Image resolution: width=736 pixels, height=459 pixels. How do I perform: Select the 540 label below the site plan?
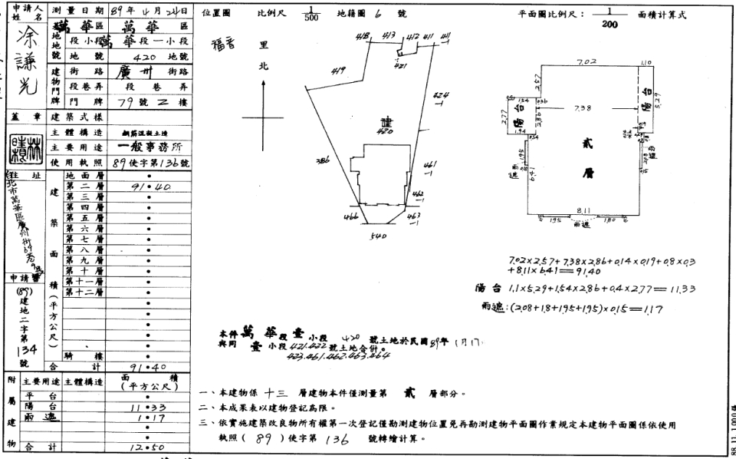point(376,237)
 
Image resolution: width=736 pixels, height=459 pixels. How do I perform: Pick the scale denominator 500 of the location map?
point(309,19)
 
